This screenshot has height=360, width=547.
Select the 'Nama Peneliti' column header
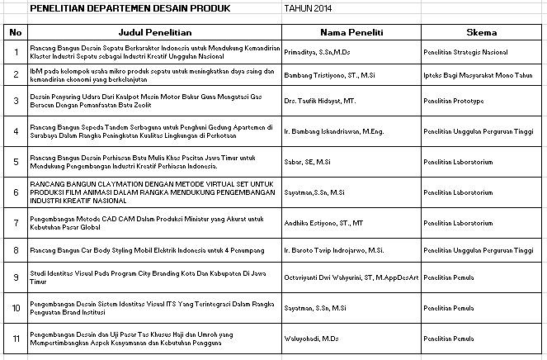[348, 32]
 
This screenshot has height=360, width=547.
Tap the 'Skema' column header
[480, 32]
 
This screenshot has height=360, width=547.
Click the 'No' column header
[14, 32]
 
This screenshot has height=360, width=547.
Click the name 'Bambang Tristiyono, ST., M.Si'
[324, 74]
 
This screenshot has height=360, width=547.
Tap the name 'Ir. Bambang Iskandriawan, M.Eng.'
[327, 130]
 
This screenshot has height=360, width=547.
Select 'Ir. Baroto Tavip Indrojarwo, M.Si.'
[327, 249]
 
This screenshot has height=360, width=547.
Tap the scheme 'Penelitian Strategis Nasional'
[464, 52]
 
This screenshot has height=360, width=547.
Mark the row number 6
[14, 192]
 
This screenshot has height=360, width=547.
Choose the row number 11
[14, 338]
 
